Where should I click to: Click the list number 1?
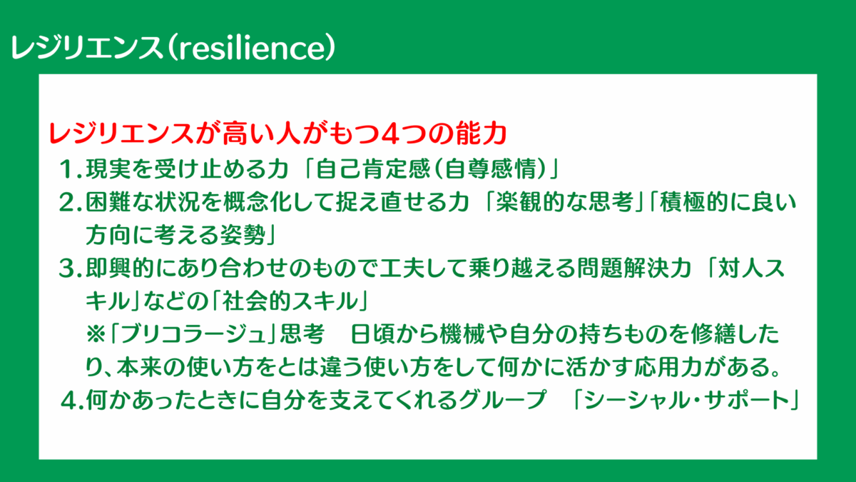coord(68,169)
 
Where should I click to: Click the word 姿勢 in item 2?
coord(243,235)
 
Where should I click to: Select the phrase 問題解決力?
coord(634,268)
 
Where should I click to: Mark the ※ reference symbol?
coord(96,335)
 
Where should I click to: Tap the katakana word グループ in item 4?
coord(504,401)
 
